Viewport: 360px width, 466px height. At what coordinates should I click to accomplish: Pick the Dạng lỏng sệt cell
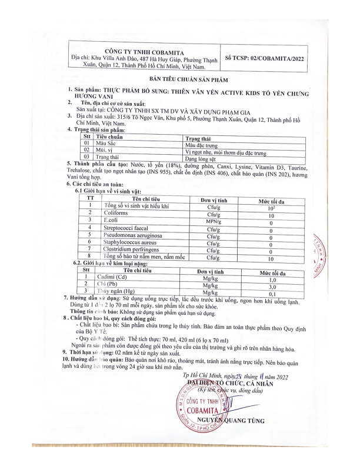[200, 158]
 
